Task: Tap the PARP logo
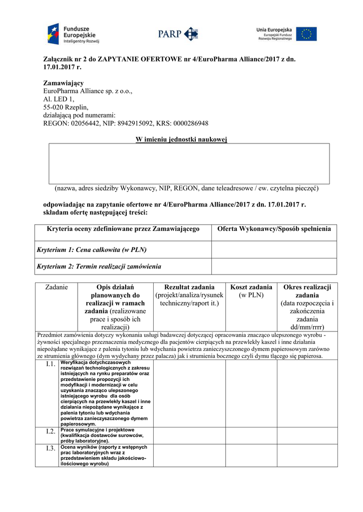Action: coord(178,34)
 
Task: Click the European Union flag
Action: coord(306,34)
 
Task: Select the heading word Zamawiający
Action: coord(64,82)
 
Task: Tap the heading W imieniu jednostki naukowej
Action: coord(181,139)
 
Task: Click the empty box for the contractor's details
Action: coord(189,163)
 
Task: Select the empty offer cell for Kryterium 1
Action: coord(274,249)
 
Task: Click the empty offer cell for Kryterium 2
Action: coord(274,266)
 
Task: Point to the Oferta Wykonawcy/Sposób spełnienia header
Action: coord(274,229)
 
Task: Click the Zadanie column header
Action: coord(57,287)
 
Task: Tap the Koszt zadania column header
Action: coord(251,291)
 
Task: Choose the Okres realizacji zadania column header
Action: coord(307,307)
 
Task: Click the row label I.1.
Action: coord(51,364)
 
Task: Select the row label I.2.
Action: coord(51,431)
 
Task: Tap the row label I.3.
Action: coord(51,448)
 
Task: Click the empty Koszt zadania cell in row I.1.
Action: coord(251,393)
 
